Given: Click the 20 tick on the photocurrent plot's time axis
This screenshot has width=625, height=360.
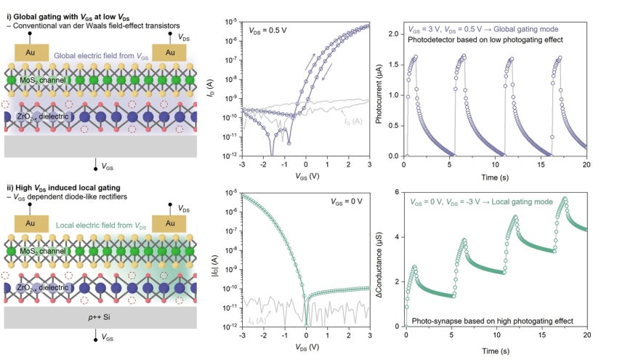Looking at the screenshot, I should click(586, 164).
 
